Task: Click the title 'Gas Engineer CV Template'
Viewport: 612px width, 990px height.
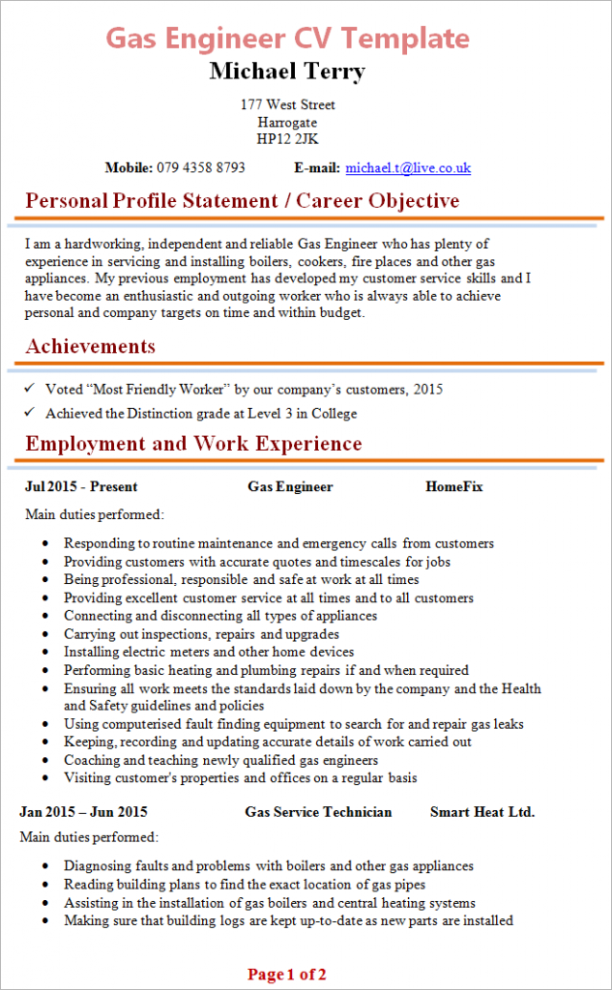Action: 287,39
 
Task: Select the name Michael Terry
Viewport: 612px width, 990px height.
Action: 287,72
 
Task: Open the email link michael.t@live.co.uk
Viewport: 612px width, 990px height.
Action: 408,168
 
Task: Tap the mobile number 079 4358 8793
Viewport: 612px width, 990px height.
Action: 201,168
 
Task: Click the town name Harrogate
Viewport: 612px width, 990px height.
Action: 287,123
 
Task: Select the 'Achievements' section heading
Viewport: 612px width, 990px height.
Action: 90,346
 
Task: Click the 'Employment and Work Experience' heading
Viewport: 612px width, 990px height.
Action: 193,444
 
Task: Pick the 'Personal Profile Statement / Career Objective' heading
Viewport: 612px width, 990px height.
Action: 242,201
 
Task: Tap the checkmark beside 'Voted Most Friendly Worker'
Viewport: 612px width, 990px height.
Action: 31,389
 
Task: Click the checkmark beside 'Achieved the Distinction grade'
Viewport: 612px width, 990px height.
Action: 31,414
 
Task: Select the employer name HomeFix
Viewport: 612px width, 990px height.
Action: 453,487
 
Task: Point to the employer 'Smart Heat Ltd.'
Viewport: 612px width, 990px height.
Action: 482,812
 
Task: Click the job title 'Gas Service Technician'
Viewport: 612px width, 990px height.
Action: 318,812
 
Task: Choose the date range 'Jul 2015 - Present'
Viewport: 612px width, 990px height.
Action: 81,487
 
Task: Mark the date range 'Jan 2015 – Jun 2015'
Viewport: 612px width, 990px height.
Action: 83,812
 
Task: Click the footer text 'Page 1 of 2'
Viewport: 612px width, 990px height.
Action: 286,975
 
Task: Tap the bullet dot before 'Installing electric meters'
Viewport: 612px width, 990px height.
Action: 45,653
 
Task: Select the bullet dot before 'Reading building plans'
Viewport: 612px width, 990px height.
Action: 45,885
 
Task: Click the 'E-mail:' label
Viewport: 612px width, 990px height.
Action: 317,168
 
